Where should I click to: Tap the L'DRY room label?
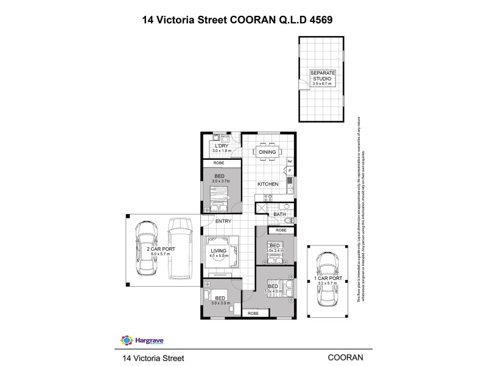click(x=219, y=145)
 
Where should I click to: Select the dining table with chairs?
click(x=267, y=152)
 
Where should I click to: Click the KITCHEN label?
click(x=267, y=184)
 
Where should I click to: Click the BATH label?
click(x=279, y=214)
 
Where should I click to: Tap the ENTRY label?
click(x=223, y=221)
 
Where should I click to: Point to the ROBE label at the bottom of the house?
click(x=253, y=313)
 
